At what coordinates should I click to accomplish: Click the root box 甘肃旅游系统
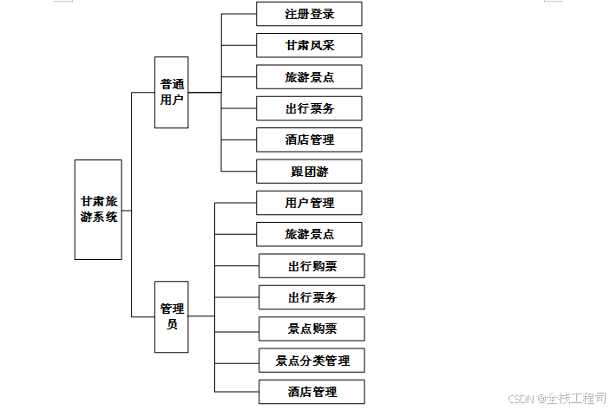(x=98, y=210)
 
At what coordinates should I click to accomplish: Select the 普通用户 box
(x=171, y=92)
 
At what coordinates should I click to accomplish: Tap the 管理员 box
(x=171, y=316)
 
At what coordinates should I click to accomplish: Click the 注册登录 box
(x=309, y=14)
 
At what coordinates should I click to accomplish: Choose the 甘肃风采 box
(x=309, y=45)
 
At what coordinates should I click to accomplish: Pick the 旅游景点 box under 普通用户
(x=309, y=77)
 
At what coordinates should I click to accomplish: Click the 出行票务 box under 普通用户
(x=309, y=108)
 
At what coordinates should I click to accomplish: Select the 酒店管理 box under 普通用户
(x=309, y=140)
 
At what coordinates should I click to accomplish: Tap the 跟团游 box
(x=309, y=172)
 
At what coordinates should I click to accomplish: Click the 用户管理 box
(x=309, y=203)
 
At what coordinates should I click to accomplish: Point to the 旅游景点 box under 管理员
(x=309, y=234)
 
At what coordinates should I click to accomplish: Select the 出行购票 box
(x=311, y=266)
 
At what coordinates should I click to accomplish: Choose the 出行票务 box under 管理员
(x=311, y=297)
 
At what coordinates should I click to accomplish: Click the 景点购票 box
(x=311, y=329)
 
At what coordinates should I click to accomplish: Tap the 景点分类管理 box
(x=311, y=361)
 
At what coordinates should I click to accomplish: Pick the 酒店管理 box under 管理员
(x=311, y=392)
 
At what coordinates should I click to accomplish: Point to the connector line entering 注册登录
(x=239, y=14)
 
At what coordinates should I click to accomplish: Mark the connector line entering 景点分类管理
(x=236, y=361)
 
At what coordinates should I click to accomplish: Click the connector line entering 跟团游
(x=239, y=171)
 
